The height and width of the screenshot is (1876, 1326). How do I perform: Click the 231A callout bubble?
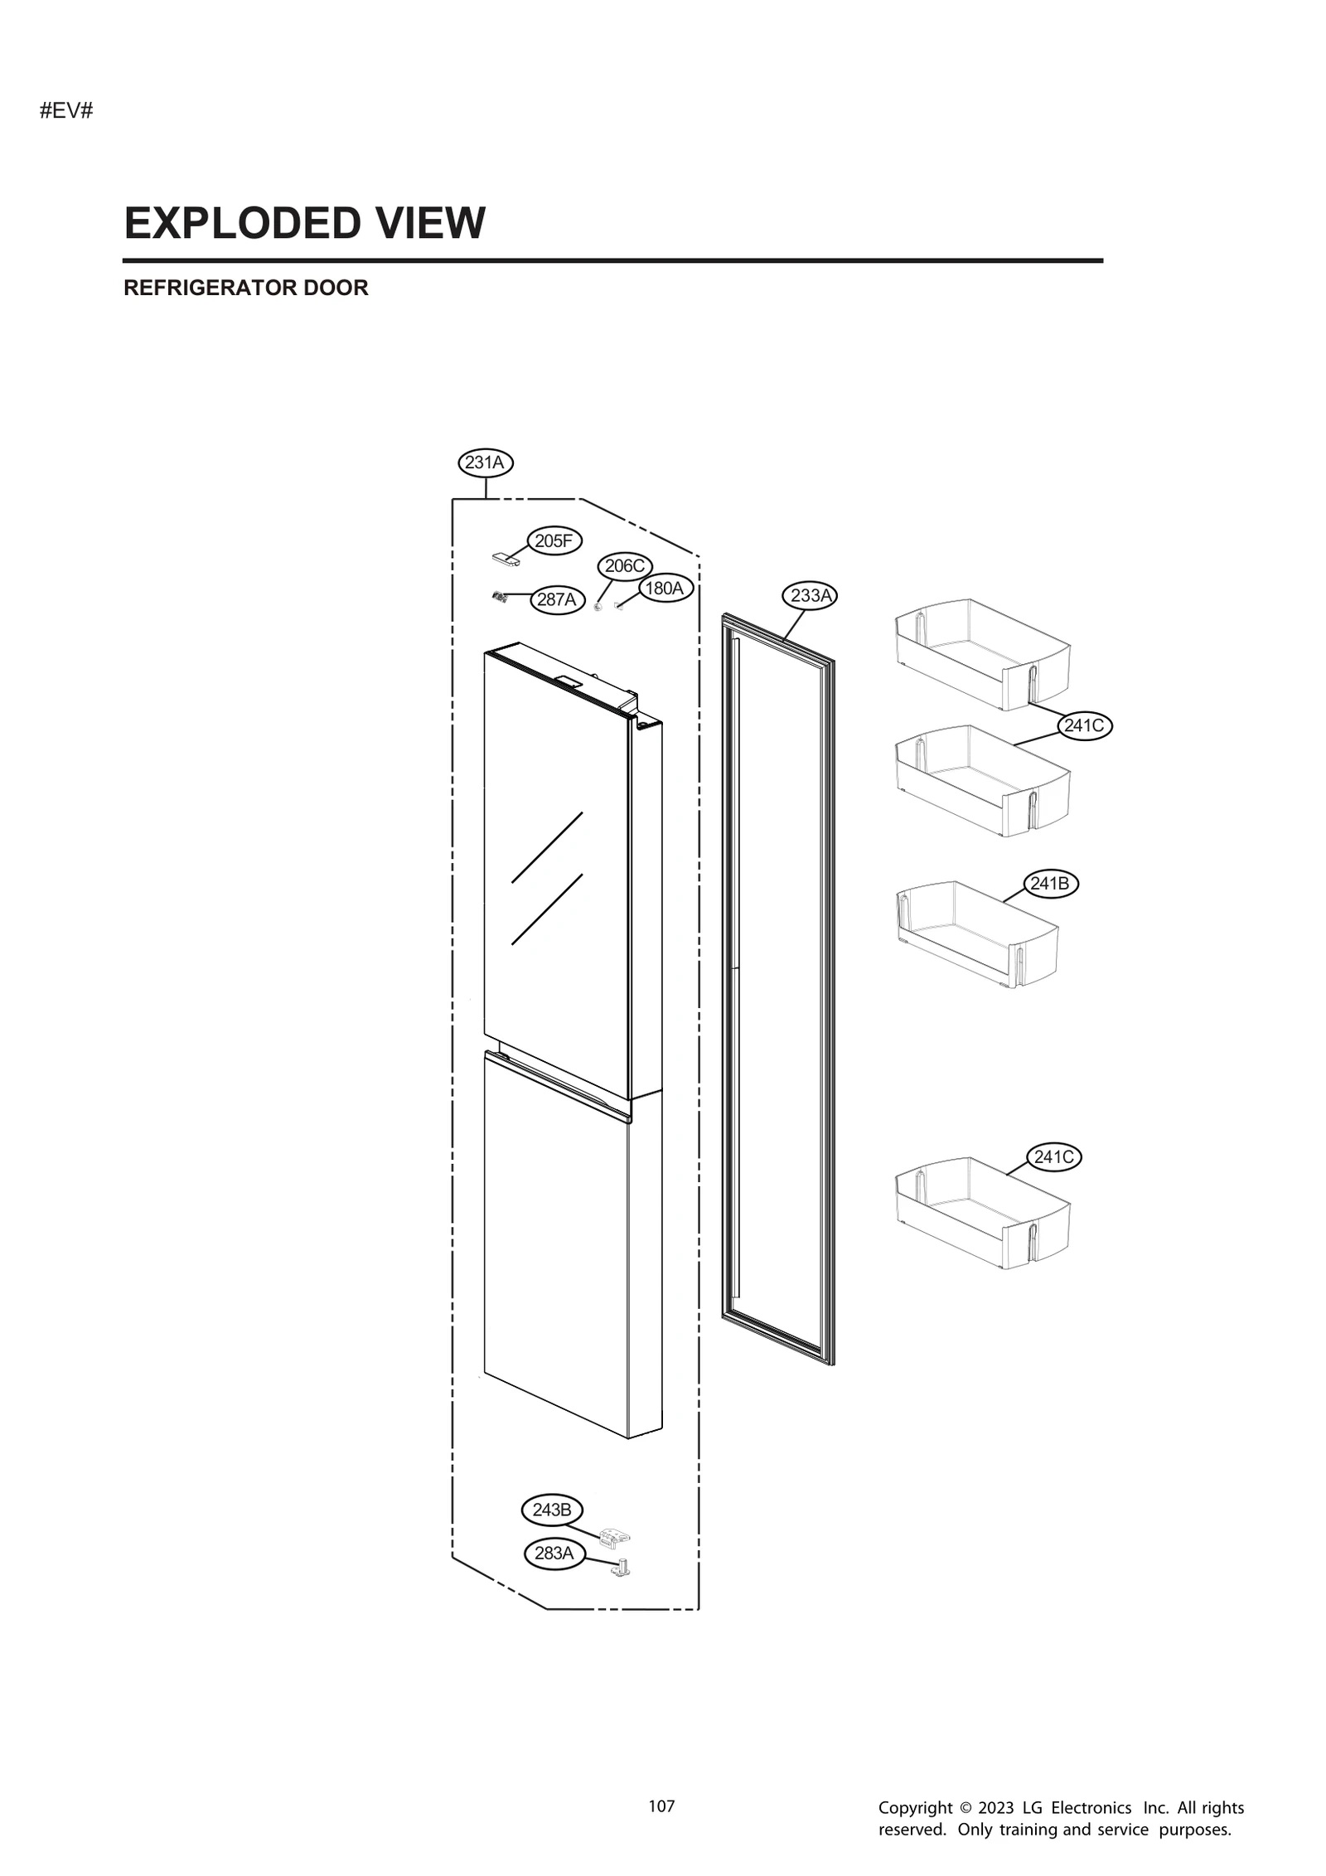[x=485, y=463]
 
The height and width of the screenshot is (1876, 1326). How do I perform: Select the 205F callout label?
[x=554, y=541]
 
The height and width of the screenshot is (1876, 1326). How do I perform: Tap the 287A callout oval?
[x=556, y=599]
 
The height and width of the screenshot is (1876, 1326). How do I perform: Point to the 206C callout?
[x=624, y=566]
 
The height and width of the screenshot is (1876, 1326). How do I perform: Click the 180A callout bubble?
[x=665, y=589]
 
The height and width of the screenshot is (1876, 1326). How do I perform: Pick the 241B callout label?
[x=1049, y=884]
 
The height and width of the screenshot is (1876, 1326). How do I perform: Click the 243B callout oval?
[x=551, y=1510]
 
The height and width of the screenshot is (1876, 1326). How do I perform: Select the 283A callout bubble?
[x=554, y=1553]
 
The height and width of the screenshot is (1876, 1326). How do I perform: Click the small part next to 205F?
[x=505, y=560]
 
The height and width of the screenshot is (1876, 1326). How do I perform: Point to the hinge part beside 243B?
[x=614, y=1536]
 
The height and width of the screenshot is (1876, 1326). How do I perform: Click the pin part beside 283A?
[x=621, y=1568]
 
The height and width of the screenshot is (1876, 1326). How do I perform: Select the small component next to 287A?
[x=500, y=596]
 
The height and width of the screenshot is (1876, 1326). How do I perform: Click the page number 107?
[x=661, y=1806]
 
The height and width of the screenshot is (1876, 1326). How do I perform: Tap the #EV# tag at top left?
[x=66, y=111]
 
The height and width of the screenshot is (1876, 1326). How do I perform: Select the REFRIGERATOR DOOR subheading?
[x=245, y=288]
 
